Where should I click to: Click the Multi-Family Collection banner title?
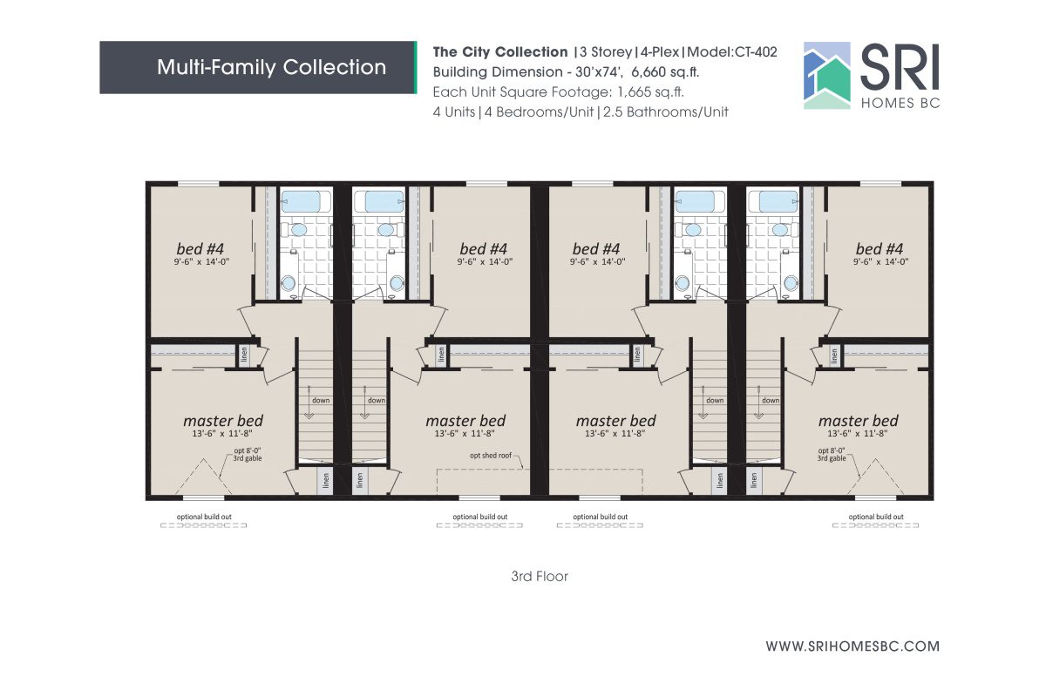pyautogui.click(x=271, y=67)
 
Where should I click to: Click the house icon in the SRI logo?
pyautogui.click(x=825, y=76)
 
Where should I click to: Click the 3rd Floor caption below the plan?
pyautogui.click(x=540, y=577)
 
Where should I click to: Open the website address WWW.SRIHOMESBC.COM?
pyautogui.click(x=852, y=646)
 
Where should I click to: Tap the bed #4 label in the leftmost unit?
pyautogui.click(x=203, y=248)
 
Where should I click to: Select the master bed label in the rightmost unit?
pyautogui.click(x=858, y=421)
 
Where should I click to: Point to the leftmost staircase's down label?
pyautogui.click(x=321, y=401)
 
